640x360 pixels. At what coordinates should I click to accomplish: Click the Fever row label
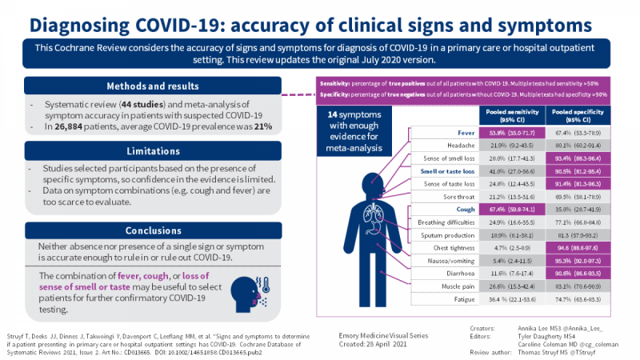pos(456,132)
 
